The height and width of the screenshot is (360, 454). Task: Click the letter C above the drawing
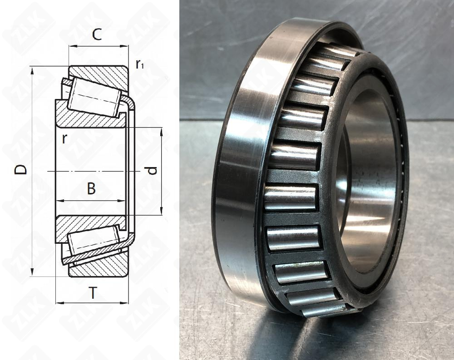click(97, 35)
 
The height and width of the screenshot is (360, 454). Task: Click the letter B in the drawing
click(91, 189)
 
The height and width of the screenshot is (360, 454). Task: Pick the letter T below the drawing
click(93, 294)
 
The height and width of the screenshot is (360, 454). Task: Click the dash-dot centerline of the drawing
click(91, 172)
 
